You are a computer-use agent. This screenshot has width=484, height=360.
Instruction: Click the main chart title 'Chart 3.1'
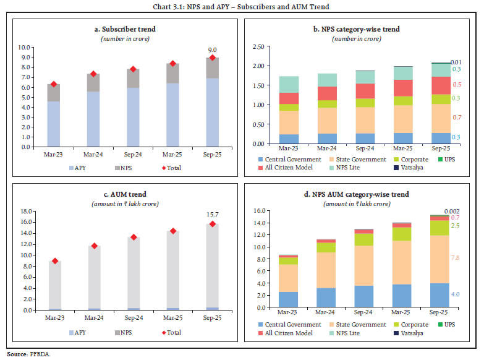(x=242, y=7)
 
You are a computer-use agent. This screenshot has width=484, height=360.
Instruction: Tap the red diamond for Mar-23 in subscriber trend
(x=54, y=84)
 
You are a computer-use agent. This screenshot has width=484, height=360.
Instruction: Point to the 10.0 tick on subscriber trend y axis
(x=24, y=47)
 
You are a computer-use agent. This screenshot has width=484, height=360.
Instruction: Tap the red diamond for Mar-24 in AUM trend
(x=94, y=246)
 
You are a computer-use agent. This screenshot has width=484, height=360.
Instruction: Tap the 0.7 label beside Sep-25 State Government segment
(x=456, y=117)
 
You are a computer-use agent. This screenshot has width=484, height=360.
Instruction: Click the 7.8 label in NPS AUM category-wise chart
(x=456, y=257)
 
